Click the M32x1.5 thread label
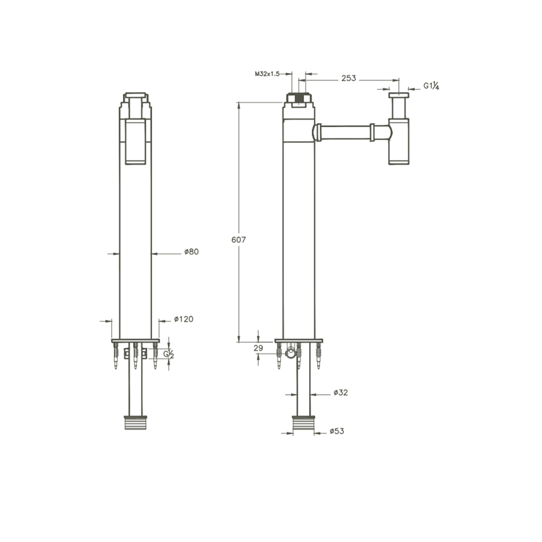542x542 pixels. (267, 74)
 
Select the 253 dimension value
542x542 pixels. (349, 78)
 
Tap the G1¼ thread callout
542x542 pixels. (432, 86)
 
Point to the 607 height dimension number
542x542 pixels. (238, 240)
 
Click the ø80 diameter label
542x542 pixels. (191, 252)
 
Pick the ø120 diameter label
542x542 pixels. (183, 319)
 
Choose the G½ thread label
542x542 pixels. (169, 354)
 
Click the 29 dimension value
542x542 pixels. (258, 348)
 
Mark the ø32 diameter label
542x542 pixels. (341, 393)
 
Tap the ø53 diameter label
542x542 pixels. (337, 431)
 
